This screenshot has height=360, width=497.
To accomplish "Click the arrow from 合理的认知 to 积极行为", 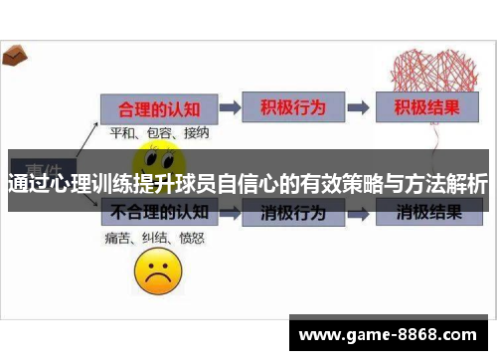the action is click(x=229, y=106).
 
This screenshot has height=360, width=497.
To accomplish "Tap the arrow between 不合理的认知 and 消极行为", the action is click(x=229, y=211).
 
